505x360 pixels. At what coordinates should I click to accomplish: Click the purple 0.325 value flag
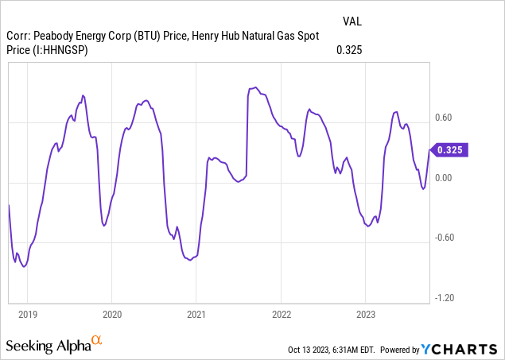(449, 149)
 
